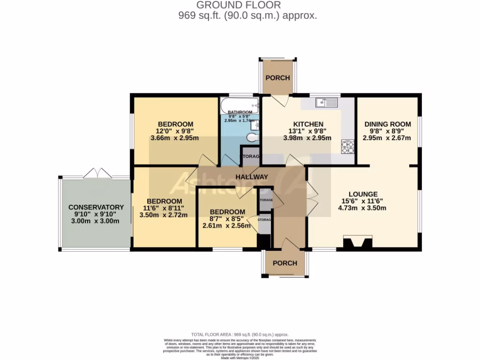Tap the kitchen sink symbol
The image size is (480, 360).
point(327,102)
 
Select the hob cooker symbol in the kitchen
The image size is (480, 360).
point(348,147)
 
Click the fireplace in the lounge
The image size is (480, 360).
point(354,243)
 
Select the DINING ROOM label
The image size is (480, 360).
point(387,124)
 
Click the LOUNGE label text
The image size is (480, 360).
point(363,194)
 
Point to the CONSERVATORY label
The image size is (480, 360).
point(96,207)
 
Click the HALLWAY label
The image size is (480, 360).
point(251,177)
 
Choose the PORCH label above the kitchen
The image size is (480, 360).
point(278,78)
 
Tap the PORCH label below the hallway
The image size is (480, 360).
point(285,263)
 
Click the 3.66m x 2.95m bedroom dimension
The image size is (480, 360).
point(175,138)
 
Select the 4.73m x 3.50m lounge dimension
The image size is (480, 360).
point(363,208)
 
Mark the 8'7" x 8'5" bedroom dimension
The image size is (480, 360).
point(227,218)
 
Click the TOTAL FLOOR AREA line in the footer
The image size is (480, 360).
point(240,335)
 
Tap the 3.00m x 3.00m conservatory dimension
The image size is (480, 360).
point(96,221)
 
